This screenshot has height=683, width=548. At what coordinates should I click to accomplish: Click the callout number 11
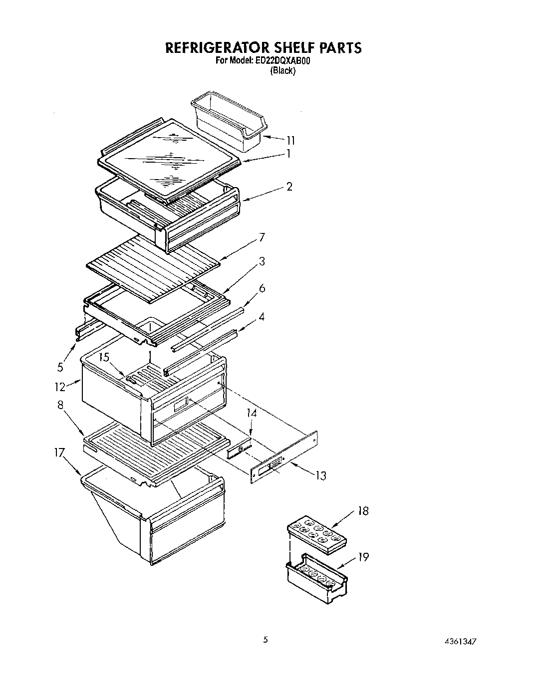[x=290, y=140]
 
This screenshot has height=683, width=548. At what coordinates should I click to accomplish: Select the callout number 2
[x=289, y=187]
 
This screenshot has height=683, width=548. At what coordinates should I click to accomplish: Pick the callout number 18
[x=363, y=511]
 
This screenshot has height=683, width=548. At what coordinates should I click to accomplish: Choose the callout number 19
[x=363, y=557]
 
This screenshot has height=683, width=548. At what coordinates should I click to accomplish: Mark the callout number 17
[x=59, y=453]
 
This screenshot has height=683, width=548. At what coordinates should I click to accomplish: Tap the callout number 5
[x=60, y=367]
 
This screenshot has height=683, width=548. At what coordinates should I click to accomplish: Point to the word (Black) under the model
[x=283, y=71]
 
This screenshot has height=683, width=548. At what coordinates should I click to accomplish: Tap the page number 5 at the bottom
[x=266, y=640]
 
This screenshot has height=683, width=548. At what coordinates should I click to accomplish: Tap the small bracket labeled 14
[x=239, y=450]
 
